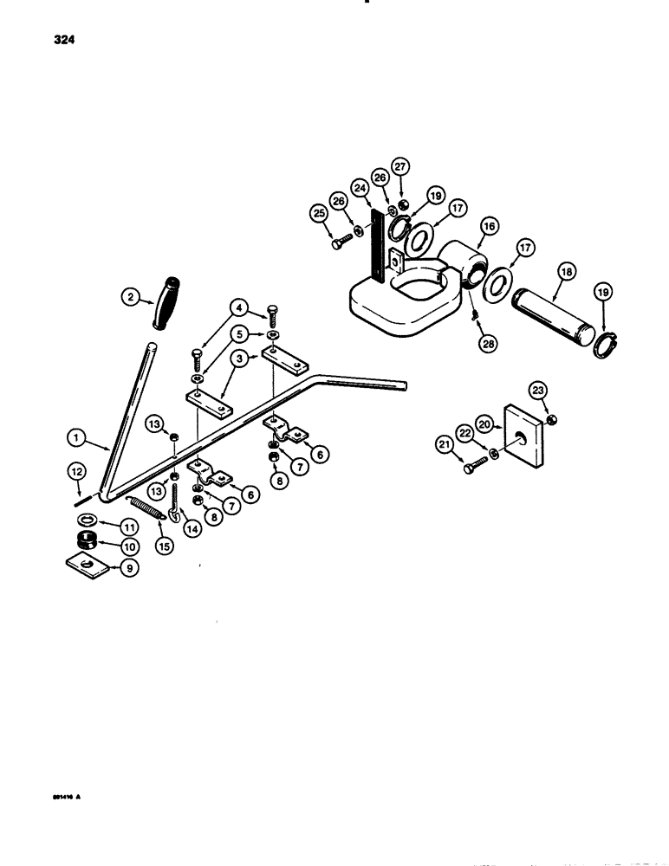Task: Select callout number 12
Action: tap(76, 472)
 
